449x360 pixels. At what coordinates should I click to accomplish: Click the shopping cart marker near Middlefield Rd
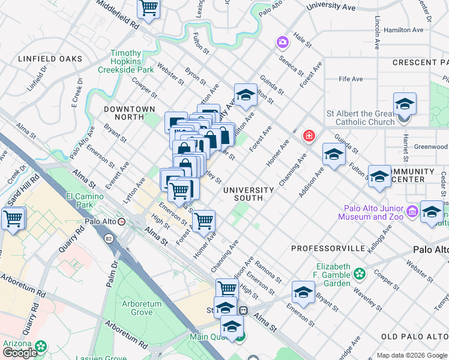(148, 8)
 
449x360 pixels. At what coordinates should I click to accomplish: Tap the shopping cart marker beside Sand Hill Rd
(13, 219)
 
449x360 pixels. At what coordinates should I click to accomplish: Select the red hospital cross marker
(309, 136)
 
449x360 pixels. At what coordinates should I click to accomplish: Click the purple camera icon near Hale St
(282, 42)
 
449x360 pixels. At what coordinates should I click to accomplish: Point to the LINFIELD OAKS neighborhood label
(50, 59)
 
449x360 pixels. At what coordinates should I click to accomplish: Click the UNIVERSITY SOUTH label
(249, 194)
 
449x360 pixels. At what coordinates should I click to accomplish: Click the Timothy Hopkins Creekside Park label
(126, 61)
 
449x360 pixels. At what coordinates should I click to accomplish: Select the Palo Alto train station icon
(122, 221)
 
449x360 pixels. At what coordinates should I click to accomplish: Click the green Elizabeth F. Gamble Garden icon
(360, 274)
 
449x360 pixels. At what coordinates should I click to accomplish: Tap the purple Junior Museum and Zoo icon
(412, 211)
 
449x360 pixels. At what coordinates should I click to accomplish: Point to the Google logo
(20, 352)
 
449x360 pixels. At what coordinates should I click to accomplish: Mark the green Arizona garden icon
(41, 346)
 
